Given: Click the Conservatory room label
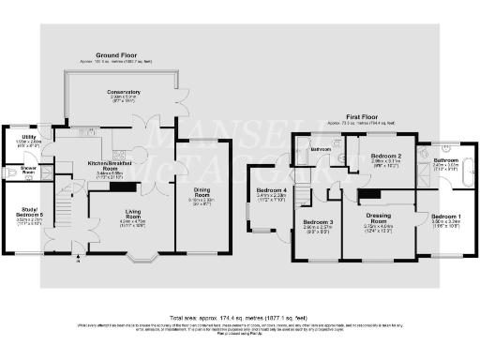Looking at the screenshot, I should pos(125,92).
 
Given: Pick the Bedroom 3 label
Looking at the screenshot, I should pos(317,220).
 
